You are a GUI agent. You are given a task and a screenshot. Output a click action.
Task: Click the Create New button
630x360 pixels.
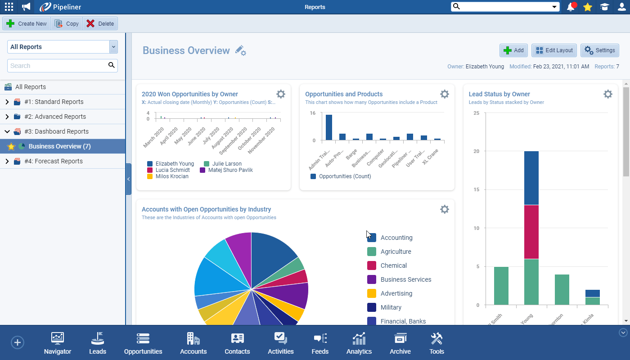pos(27,24)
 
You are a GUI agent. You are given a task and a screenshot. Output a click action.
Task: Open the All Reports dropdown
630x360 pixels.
pos(113,47)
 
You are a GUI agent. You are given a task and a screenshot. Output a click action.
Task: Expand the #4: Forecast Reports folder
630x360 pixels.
pos(7,161)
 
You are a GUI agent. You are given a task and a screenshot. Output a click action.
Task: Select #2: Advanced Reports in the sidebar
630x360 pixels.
pos(55,117)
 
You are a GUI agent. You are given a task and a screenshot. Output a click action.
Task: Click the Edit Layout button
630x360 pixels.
pos(554,50)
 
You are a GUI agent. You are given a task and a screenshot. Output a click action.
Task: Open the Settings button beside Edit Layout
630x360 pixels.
pos(599,50)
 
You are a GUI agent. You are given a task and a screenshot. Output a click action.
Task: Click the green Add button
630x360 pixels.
pos(513,50)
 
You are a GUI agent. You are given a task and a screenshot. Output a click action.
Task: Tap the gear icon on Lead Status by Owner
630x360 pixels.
pos(607,94)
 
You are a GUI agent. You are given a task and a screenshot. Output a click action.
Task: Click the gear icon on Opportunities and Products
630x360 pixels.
pos(444,94)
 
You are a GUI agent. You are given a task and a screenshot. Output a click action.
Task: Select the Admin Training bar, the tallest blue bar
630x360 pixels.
pos(329,127)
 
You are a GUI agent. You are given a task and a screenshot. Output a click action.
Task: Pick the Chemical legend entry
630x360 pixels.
pos(393,265)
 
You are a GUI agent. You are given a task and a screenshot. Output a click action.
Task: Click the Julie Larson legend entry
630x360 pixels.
pos(227,164)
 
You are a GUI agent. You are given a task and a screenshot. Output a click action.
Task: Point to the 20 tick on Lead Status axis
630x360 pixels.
pos(476,151)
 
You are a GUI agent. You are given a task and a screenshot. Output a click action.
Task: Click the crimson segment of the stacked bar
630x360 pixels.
pos(531,232)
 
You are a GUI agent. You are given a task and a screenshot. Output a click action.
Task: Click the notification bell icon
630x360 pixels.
pos(571,7)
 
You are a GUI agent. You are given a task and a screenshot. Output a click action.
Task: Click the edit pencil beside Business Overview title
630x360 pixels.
pos(241,50)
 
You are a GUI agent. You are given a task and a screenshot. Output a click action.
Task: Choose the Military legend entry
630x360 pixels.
pos(391,307)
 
